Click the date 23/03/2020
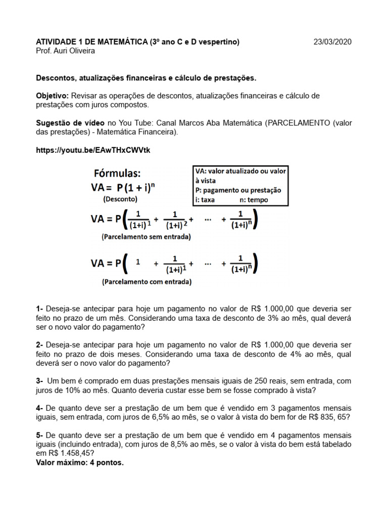332,42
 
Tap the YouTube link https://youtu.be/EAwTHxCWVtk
93,151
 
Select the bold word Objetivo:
53,96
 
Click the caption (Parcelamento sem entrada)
147,236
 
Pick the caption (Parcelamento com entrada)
147,281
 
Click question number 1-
40,308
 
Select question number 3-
40,380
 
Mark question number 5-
40,435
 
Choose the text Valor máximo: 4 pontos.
79,462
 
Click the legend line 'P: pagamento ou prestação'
237,190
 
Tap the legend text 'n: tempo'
255,200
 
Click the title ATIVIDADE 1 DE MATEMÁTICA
91,42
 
